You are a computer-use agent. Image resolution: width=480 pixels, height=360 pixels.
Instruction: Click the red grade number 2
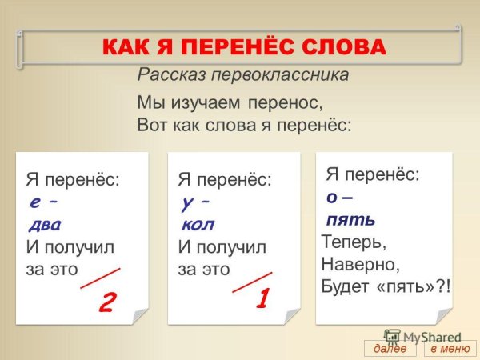coord(107,302)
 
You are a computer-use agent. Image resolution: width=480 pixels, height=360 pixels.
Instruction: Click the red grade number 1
coord(261,299)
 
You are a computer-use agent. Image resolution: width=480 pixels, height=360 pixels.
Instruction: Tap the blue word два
coord(45,224)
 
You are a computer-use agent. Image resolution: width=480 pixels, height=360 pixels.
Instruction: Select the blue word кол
coord(199,224)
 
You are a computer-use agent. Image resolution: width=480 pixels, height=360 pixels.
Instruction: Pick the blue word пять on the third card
coord(350,219)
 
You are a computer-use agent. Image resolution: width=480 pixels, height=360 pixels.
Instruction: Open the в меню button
coord(449,349)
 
